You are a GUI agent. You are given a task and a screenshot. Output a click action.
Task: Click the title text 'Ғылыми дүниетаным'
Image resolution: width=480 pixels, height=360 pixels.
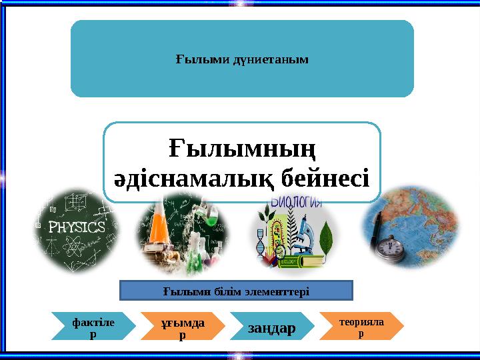(x=242, y=59)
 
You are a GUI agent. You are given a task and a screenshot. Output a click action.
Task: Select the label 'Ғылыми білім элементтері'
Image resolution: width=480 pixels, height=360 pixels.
(x=235, y=291)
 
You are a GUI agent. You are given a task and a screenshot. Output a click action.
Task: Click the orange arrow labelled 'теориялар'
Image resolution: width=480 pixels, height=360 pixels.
(x=361, y=325)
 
